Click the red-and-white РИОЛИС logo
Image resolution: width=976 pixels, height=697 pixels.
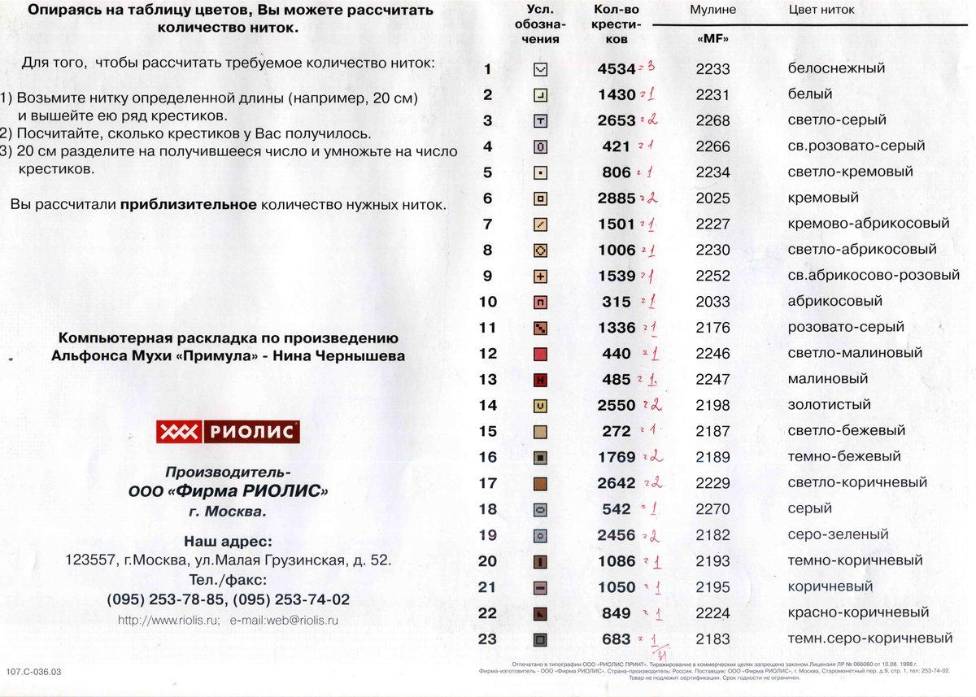[x=228, y=432]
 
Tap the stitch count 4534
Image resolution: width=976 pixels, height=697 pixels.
[x=617, y=69]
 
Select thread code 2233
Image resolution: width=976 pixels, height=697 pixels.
[x=712, y=69]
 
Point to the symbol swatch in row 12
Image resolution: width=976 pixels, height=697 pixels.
[x=540, y=354]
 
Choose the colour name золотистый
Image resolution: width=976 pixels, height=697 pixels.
[x=829, y=404]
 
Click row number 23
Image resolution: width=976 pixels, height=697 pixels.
[x=487, y=638]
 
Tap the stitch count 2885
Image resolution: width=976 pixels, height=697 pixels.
[x=617, y=198]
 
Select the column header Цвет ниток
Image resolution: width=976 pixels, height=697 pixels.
[x=821, y=11]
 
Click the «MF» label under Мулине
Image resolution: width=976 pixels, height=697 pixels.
[x=712, y=38]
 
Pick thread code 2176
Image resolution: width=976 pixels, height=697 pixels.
[x=712, y=328]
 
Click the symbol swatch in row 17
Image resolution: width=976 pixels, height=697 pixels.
[x=540, y=484]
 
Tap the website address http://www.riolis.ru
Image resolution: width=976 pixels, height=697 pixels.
[x=168, y=620]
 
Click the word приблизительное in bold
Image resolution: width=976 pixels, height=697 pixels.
[x=189, y=204]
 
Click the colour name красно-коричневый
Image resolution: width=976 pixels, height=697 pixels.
[x=858, y=612]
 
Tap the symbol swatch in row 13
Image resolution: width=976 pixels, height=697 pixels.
[x=540, y=380]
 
